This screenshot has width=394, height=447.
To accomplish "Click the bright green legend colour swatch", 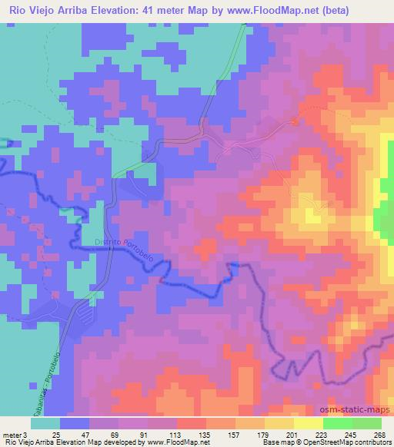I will [x=338, y=424].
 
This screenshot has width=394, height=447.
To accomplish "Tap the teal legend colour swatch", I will [x=45, y=424].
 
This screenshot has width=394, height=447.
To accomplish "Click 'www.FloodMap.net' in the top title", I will [x=257, y=11].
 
